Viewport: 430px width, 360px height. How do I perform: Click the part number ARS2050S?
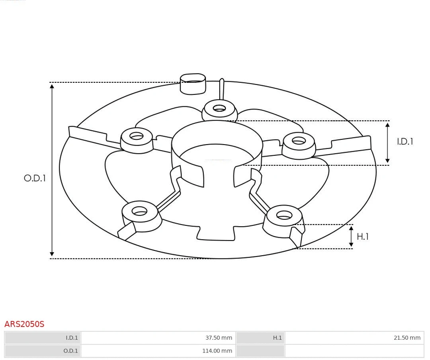click(x=24, y=324)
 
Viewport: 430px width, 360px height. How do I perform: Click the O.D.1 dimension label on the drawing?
click(x=35, y=178)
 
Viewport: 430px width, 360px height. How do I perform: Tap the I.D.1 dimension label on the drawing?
click(x=405, y=141)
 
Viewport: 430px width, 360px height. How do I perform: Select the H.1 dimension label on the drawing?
click(x=362, y=237)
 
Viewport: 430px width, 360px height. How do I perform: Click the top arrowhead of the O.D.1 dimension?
click(x=52, y=86)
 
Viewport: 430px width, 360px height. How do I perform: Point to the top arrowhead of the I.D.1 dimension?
click(x=387, y=125)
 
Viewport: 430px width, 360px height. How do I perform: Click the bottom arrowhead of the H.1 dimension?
click(x=351, y=245)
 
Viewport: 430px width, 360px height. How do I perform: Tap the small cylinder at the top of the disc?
click(x=193, y=84)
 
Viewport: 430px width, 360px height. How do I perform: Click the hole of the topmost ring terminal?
click(x=219, y=108)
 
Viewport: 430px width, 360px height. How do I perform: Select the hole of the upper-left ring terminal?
click(x=137, y=136)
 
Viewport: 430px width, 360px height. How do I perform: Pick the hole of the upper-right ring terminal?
click(x=299, y=141)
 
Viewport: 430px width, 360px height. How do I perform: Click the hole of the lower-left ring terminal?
click(x=139, y=211)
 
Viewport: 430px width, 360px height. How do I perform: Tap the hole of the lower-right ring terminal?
click(x=284, y=215)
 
